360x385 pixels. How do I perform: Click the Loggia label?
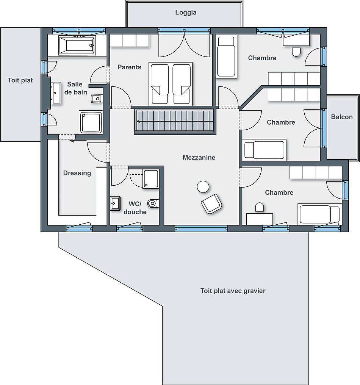[x=186, y=13]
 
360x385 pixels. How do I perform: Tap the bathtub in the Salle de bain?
[x=77, y=45]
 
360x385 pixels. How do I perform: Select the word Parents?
[x=130, y=67]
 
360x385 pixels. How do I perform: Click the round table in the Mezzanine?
[x=203, y=186]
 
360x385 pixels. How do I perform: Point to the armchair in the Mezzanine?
[x=211, y=204]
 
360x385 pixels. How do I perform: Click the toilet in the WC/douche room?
[x=153, y=203]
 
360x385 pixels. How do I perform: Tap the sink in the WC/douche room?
[x=115, y=203]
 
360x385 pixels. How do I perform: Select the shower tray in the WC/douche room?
[x=150, y=179]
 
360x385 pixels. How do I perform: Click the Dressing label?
[x=77, y=173]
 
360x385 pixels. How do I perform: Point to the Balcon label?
[x=341, y=117]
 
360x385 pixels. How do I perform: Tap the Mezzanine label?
[x=199, y=157]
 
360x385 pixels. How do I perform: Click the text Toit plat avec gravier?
[x=233, y=291]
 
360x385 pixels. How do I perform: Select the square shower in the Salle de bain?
[x=91, y=122]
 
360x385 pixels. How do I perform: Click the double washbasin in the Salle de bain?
[x=56, y=93]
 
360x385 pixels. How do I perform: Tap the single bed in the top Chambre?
[x=226, y=57]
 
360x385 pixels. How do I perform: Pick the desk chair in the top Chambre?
[x=296, y=52]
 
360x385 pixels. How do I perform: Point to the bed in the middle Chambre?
[x=264, y=150]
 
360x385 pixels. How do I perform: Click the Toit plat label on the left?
[x=20, y=80]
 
